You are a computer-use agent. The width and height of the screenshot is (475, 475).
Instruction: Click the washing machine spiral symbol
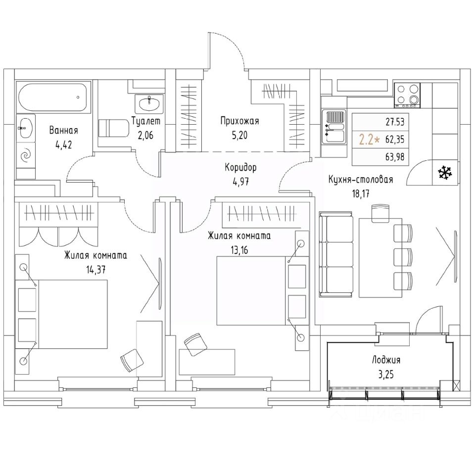25,155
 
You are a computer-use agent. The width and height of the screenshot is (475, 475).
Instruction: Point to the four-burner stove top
407,95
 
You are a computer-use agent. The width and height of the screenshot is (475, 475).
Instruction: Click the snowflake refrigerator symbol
445,172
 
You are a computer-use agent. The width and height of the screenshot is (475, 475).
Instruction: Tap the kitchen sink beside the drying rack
334,134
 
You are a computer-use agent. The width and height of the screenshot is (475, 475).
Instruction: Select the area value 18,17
361,194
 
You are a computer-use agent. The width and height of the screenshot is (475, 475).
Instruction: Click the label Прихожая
239,121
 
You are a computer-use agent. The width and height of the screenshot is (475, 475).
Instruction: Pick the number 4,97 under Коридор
240,182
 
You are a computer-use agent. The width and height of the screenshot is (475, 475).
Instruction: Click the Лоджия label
386,360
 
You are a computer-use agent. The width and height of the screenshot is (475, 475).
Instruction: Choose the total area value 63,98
395,157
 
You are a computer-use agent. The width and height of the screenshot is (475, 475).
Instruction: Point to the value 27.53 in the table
395,122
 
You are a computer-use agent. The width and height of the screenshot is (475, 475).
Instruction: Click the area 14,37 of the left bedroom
95,270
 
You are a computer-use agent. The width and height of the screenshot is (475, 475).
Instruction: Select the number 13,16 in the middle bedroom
239,250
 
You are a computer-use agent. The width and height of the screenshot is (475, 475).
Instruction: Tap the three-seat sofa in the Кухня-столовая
336,254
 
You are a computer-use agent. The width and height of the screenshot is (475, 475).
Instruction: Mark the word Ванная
64,131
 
